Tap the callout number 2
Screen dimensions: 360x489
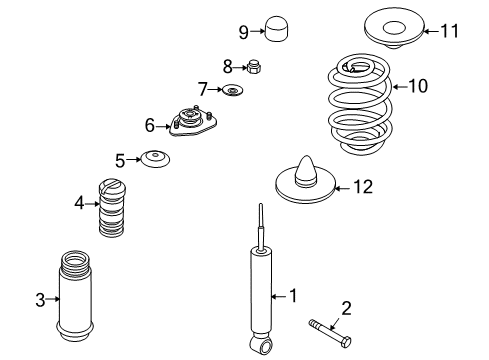(x=346, y=308)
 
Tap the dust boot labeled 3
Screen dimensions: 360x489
(x=85, y=298)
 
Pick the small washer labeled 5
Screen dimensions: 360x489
(x=154, y=159)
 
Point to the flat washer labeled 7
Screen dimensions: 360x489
(x=233, y=92)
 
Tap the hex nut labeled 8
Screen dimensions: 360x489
(x=255, y=68)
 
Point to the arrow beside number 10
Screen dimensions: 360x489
(x=396, y=87)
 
